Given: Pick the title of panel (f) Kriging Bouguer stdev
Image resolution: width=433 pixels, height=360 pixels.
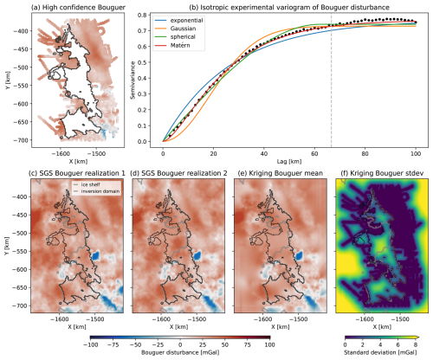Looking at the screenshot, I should click(380, 173).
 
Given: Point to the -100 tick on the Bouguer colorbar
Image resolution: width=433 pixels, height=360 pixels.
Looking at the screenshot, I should click(89, 344).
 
